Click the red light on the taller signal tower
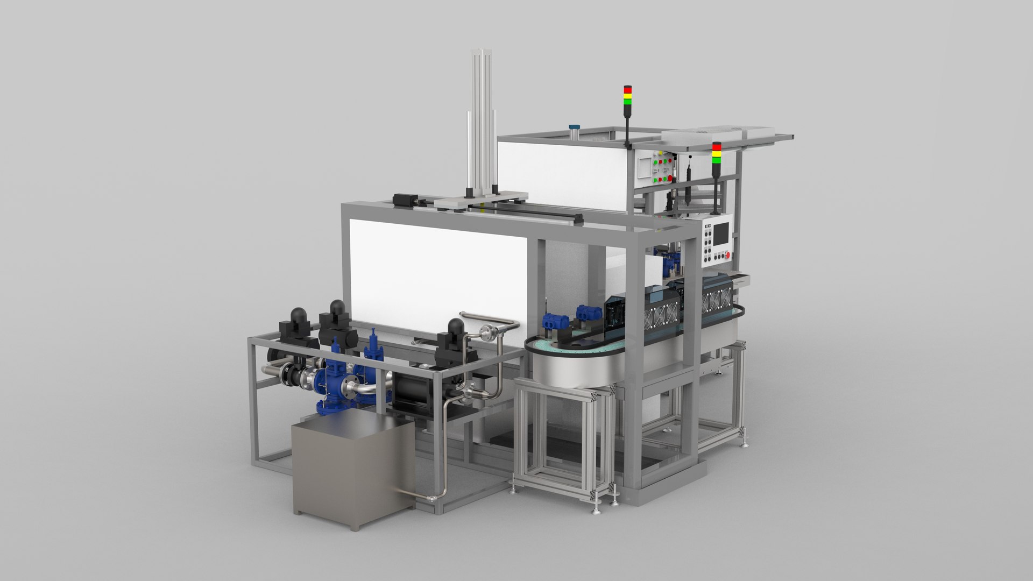(x=627, y=89)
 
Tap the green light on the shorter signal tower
(x=717, y=159)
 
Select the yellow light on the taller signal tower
(x=627, y=96)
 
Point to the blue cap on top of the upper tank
(x=574, y=127)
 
